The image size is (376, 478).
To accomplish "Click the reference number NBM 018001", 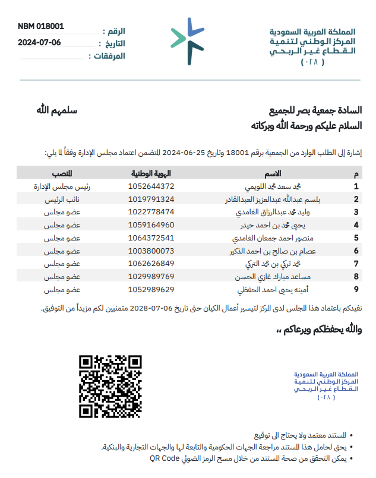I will (x=41, y=26).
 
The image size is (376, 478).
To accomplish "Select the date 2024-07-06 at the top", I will (x=39, y=42).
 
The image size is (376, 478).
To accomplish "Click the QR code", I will (x=111, y=386).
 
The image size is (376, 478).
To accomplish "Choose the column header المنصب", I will (x=63, y=173).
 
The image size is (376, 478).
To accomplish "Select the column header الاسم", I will (x=273, y=173).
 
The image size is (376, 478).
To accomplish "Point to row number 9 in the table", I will (x=356, y=289).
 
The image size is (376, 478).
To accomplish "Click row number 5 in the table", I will (x=356, y=238).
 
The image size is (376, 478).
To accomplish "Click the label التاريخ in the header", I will (x=113, y=43).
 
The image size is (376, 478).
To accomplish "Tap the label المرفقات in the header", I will (x=110, y=56).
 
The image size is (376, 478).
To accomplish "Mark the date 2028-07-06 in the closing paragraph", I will (x=151, y=308).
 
